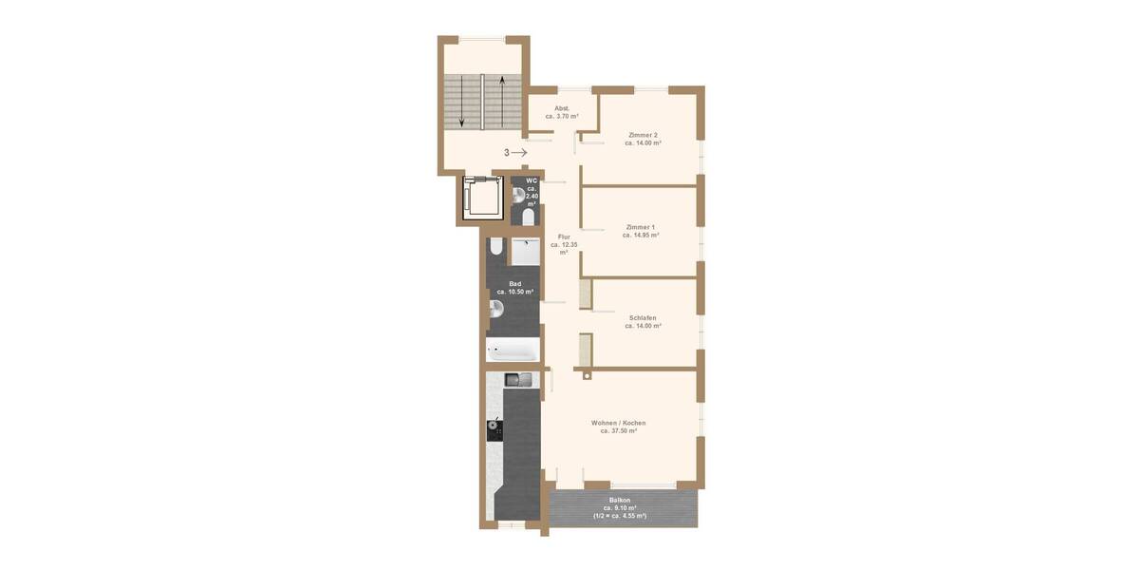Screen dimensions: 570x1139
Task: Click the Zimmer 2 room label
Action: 643,135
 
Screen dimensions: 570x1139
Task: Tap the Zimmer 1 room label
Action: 641,228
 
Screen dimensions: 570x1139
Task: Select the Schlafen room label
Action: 643,318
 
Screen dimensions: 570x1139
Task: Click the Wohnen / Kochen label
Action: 618,423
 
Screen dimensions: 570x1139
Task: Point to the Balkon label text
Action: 620,500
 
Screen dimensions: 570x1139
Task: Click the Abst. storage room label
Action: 562,108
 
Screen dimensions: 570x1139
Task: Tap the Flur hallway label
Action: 564,237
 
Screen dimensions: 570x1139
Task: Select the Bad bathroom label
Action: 515,284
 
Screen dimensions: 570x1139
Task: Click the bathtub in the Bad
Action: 513,351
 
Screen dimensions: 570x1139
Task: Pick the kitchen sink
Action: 518,381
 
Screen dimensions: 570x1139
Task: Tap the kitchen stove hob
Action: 494,429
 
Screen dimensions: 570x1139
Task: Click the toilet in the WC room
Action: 529,217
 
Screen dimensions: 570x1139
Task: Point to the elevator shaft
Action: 482,199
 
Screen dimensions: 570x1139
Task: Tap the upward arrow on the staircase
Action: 501,102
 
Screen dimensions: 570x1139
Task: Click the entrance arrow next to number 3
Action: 519,152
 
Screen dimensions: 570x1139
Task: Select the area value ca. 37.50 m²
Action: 618,430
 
